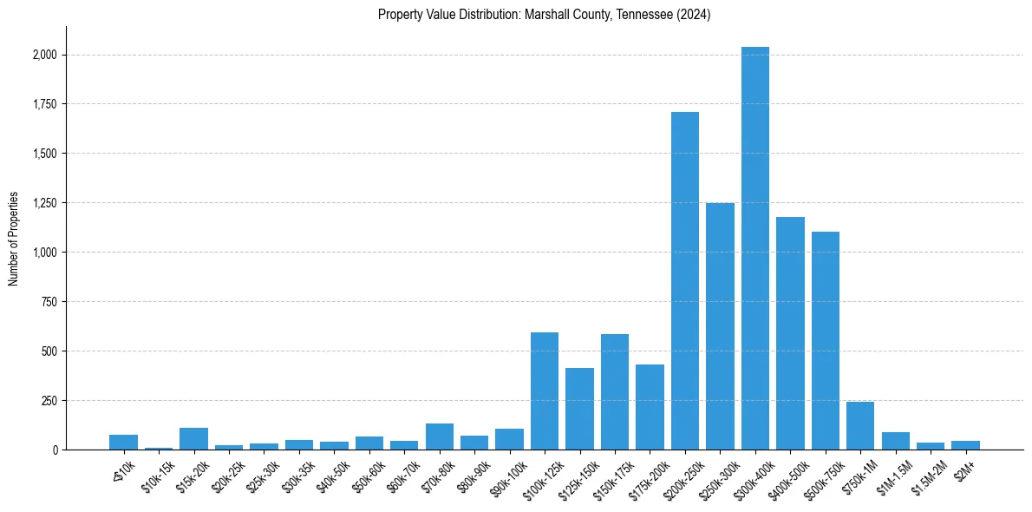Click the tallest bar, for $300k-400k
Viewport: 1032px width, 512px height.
coord(755,248)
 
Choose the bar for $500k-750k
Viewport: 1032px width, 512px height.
coord(826,340)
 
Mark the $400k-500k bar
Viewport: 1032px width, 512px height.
coord(790,333)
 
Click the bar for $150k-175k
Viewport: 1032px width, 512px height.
coord(615,391)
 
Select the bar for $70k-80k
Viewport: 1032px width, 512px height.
coord(440,437)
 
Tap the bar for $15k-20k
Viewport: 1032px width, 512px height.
coord(194,438)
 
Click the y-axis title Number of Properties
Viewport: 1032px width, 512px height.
coord(13,238)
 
